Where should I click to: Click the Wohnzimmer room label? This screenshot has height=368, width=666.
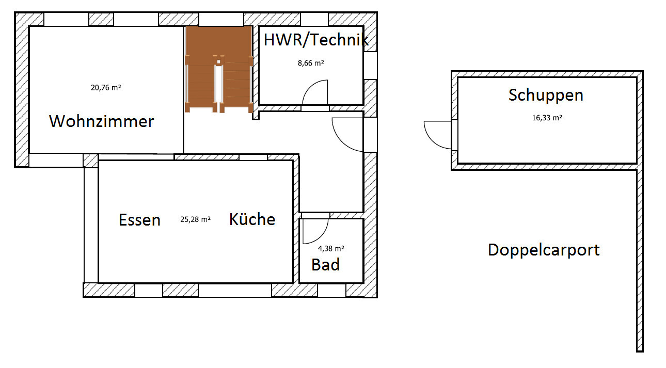tap(102, 121)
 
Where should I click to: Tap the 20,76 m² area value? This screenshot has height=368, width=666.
tap(106, 88)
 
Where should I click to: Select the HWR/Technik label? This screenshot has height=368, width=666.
tap(316, 40)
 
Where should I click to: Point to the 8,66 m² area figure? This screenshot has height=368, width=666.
tap(311, 63)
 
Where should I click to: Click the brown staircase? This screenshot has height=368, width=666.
tap(219, 70)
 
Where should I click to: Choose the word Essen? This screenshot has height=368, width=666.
tap(139, 220)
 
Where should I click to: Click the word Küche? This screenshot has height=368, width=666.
tap(252, 219)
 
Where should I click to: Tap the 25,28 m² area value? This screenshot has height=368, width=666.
tap(195, 219)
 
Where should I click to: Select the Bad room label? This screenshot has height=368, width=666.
tap(326, 265)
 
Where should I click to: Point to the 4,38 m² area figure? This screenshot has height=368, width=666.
tap(331, 248)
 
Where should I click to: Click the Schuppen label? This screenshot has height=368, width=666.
tap(546, 95)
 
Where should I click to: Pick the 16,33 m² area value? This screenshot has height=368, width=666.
tap(547, 118)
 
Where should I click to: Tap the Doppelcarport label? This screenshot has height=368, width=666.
tap(544, 250)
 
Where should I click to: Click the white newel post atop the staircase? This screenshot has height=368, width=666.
tap(218, 62)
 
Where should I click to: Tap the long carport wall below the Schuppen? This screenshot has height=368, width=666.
tap(640, 261)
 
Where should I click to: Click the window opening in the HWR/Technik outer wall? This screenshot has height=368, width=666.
tap(371, 66)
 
